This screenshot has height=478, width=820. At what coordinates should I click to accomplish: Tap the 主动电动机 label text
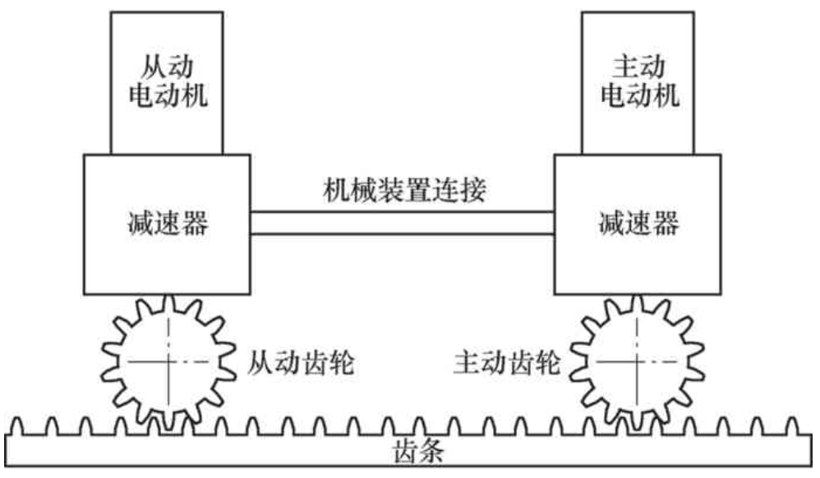(x=640, y=81)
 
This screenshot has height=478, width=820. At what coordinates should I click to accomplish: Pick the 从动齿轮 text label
(x=301, y=363)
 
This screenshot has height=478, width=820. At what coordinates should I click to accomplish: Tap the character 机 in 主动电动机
(x=666, y=95)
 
